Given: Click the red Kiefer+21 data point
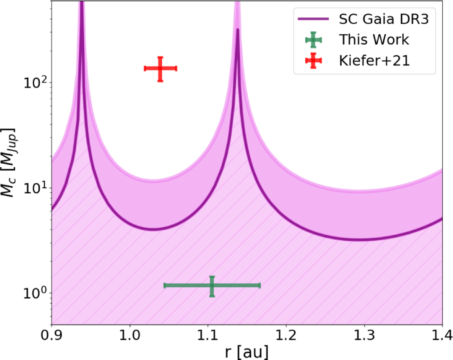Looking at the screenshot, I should (x=160, y=69).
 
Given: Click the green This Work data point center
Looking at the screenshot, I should (x=212, y=286).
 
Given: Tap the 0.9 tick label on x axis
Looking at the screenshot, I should (x=51, y=336).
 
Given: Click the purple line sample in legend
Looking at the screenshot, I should (x=313, y=20).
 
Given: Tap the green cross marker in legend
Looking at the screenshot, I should (x=313, y=40).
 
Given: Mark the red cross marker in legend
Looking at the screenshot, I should (x=313, y=61).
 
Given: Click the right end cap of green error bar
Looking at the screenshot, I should (x=260, y=286).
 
